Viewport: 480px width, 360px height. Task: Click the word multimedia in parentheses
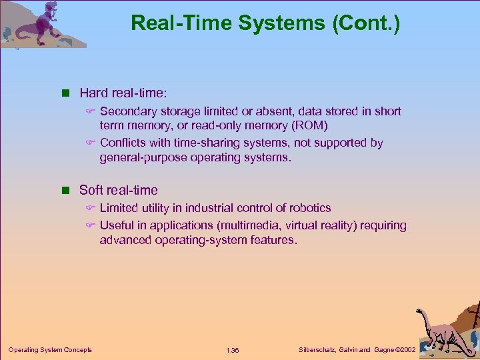point(261,225)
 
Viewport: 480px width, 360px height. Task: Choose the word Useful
point(117,225)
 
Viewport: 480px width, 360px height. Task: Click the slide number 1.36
point(233,351)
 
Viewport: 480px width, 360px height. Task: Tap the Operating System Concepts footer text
point(50,350)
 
